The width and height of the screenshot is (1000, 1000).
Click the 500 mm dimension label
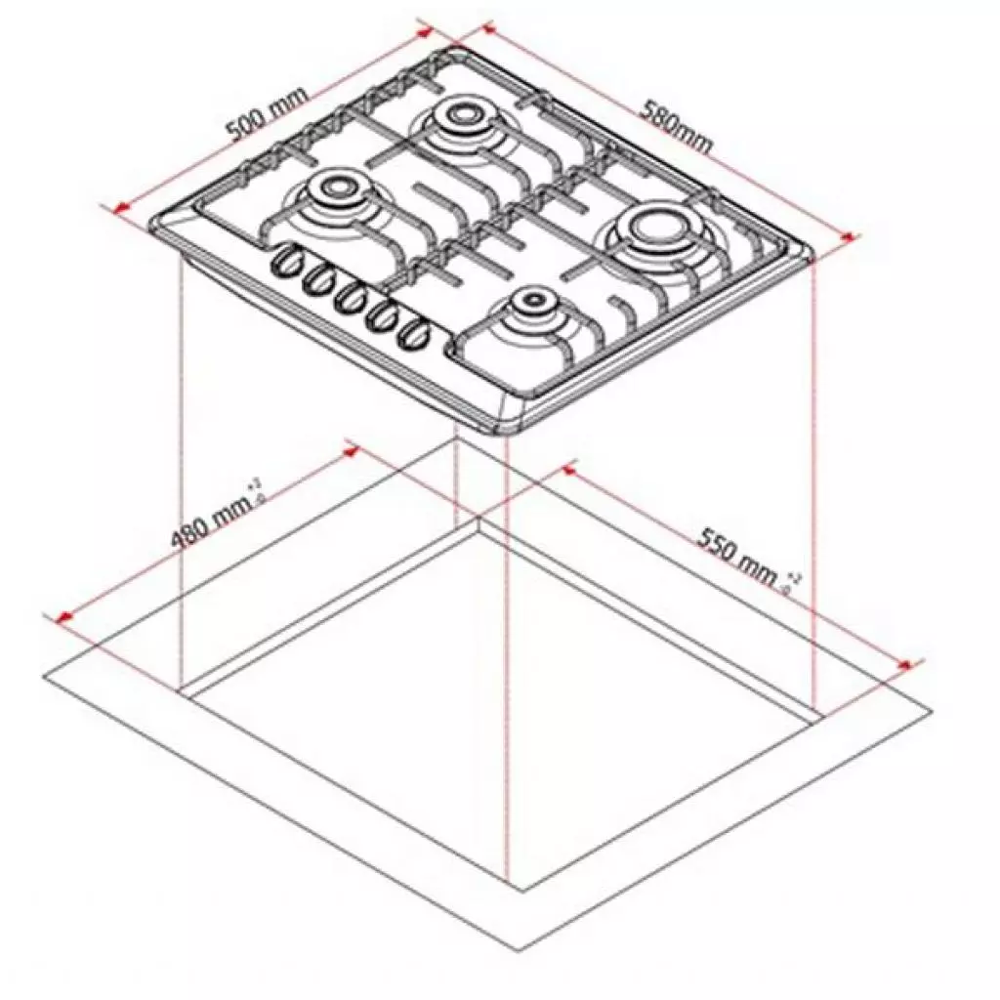click(x=266, y=115)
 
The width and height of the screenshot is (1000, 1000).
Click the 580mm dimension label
click(x=677, y=125)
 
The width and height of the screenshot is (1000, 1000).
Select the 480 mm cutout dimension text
click(x=207, y=524)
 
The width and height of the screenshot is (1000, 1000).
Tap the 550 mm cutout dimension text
click(x=737, y=557)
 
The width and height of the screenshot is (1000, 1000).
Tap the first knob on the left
click(x=286, y=261)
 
